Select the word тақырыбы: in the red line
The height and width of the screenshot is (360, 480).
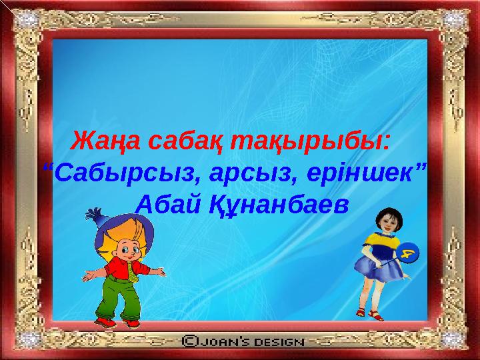tap(310, 142)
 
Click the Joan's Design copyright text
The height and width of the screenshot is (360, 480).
tap(243, 341)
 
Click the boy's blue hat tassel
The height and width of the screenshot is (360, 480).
tap(94, 214)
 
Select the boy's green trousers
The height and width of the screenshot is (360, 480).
tap(119, 297)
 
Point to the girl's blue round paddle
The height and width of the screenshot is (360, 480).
tap(408, 252)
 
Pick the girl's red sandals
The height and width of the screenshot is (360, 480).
tap(369, 313)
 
